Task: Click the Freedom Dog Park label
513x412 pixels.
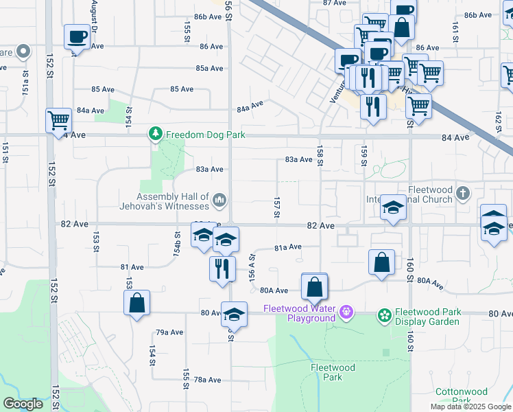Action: (x=205, y=135)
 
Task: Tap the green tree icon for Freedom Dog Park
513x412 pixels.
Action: (x=156, y=134)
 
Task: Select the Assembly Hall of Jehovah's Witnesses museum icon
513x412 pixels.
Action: (x=219, y=200)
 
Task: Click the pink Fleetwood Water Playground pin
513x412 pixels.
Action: (x=346, y=312)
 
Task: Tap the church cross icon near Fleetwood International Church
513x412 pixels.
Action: (x=463, y=194)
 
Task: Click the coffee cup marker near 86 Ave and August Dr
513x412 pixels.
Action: (x=77, y=36)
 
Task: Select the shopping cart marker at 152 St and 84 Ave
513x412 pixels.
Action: (x=58, y=120)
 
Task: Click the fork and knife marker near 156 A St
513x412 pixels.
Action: (x=222, y=267)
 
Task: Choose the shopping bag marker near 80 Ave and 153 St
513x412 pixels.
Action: (x=136, y=302)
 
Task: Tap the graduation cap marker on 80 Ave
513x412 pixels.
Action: (x=234, y=314)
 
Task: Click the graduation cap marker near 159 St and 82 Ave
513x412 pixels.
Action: (x=393, y=207)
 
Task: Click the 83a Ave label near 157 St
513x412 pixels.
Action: (x=299, y=160)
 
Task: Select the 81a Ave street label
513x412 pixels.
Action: (x=288, y=247)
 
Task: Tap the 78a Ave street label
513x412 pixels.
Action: (x=208, y=380)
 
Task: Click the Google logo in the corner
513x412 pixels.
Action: (x=23, y=404)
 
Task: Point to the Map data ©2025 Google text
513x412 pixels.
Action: (x=470, y=407)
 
